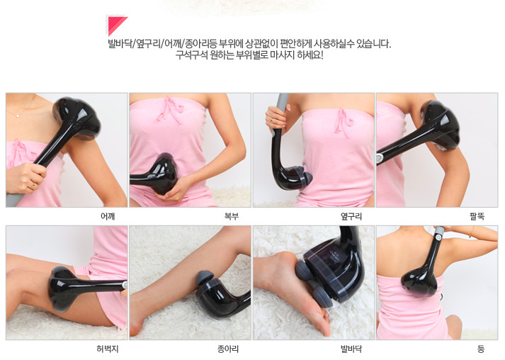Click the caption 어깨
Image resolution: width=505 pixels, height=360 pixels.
point(108,216)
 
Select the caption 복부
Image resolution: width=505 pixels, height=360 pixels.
point(231,216)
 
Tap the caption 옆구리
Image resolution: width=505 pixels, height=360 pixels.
point(351,216)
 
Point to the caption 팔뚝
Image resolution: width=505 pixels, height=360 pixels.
point(477,216)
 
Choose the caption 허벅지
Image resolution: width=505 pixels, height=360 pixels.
point(108,349)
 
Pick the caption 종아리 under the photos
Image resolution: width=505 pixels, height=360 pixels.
point(228,349)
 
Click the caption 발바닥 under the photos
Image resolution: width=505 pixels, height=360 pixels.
point(351,349)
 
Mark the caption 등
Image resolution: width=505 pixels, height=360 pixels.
point(481,349)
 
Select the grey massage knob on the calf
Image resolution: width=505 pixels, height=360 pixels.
point(204,276)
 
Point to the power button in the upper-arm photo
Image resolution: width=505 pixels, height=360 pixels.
point(380,158)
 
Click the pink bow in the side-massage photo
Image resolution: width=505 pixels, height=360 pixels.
point(343,123)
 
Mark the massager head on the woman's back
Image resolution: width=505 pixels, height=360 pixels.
point(419,281)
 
